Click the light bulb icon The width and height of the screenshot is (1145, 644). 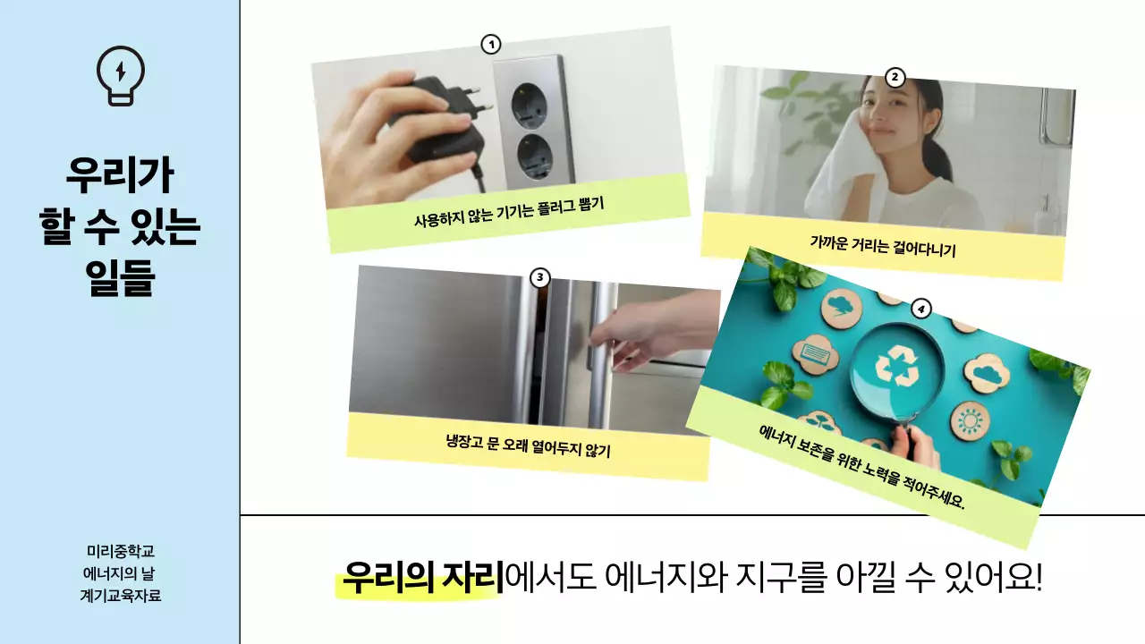pos(120,75)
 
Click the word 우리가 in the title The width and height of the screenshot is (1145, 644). pos(120,174)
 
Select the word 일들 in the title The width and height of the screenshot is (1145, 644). pos(120,277)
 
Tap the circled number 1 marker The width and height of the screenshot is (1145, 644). pos(490,44)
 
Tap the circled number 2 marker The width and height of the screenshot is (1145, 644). pos(895,78)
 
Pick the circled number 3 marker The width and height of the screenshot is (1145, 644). pos(539,277)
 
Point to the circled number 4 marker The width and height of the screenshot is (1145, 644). pos(920,309)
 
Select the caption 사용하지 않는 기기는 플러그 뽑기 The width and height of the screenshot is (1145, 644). pos(509,212)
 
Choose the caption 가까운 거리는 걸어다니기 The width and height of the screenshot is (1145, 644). pos(883,246)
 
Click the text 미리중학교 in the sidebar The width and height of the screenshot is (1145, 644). pos(120,552)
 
